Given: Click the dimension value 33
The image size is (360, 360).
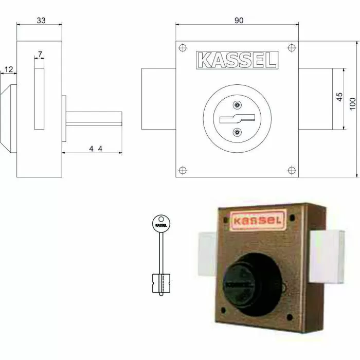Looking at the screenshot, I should [40, 20].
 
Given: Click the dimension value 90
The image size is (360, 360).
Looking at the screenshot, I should [239, 20].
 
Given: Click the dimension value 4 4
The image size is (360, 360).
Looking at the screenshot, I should [94, 149].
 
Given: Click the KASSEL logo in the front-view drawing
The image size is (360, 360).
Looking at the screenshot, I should [237, 60].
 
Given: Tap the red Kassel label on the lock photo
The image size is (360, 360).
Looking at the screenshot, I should [257, 221].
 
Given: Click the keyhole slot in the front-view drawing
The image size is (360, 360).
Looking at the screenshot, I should [236, 119].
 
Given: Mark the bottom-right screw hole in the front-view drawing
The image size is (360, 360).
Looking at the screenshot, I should [291, 170].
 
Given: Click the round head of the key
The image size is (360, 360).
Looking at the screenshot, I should [161, 224].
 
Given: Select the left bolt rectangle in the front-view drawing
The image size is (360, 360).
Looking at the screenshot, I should [158, 99].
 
